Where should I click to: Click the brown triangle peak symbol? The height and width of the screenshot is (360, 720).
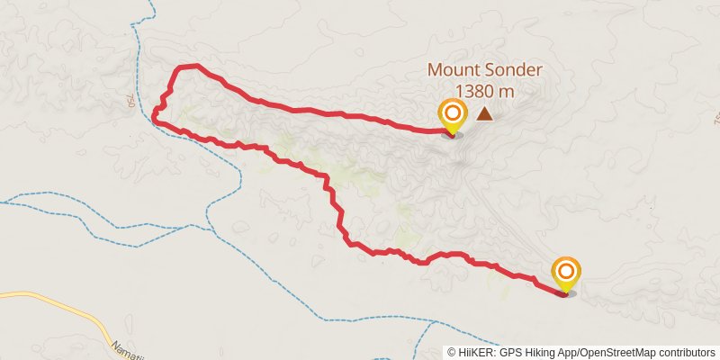485,114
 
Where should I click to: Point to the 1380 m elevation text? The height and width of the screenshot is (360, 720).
485,90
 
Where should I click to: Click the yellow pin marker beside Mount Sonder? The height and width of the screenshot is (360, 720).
452,115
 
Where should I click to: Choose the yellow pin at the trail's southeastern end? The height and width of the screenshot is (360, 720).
566,273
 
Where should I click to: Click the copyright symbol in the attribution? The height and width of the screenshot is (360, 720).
453,353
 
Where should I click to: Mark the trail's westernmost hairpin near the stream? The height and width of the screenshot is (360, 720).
156,114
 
